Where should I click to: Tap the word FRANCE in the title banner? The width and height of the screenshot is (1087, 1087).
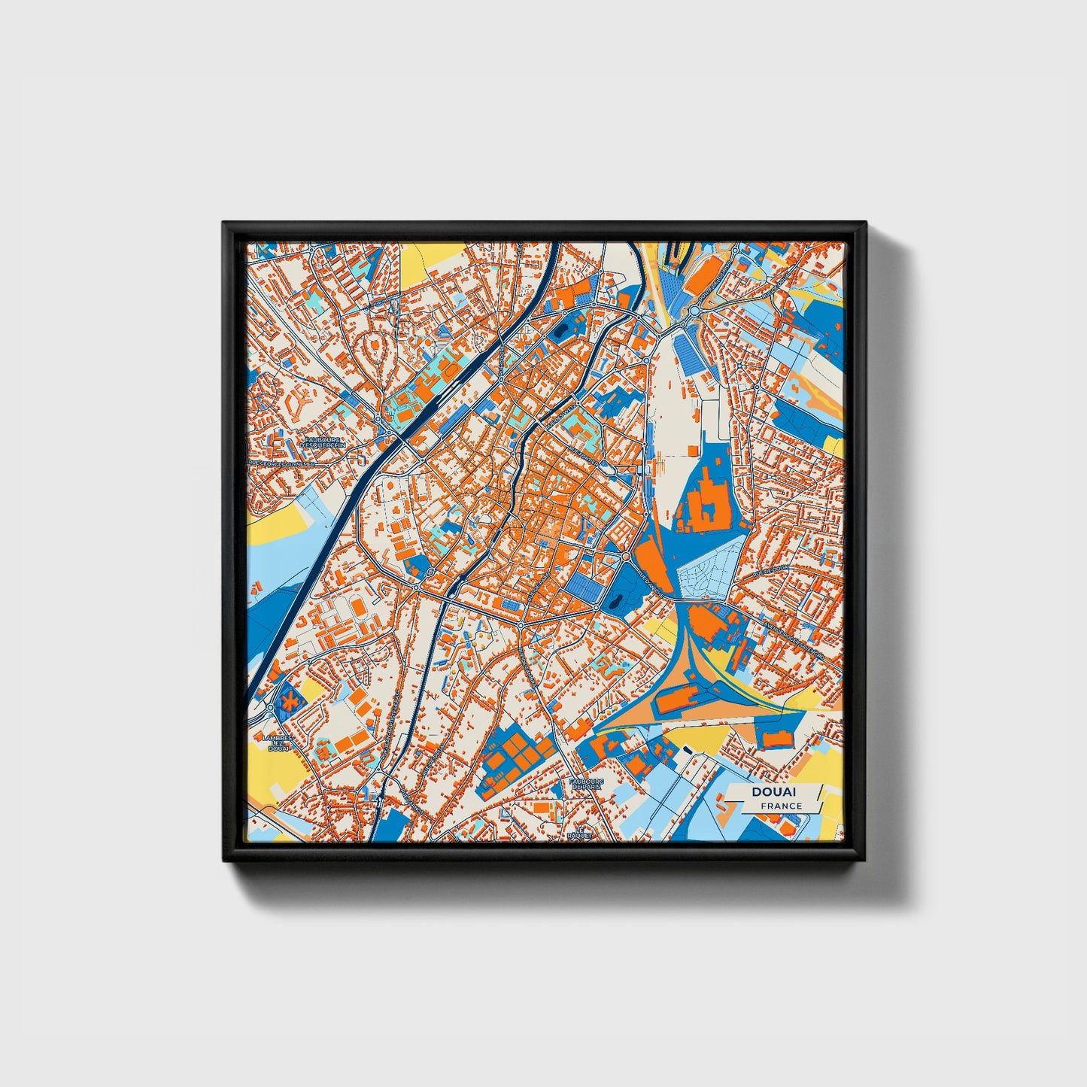tap(781, 806)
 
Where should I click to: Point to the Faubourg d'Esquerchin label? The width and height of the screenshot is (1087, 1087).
tap(320, 442)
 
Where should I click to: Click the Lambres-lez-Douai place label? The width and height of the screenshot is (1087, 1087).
tap(278, 744)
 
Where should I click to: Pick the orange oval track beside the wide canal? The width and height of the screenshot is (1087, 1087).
tap(359, 606)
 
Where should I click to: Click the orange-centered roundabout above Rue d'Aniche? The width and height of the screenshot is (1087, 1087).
tap(626, 556)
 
